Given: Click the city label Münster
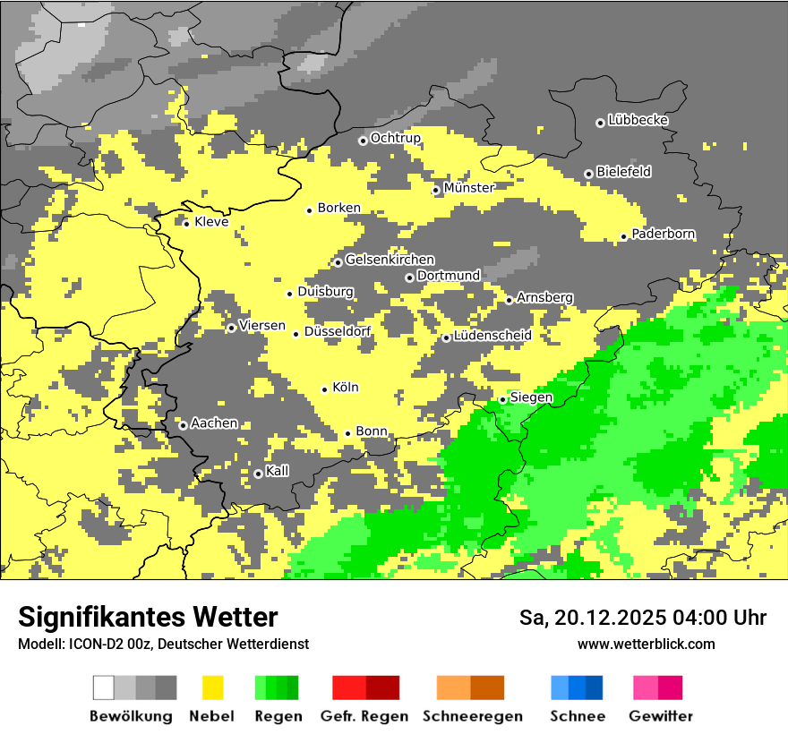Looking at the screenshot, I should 468,188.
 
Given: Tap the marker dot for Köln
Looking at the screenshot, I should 325,389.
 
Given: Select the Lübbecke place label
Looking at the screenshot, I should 638,120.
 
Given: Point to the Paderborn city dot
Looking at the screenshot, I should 624,237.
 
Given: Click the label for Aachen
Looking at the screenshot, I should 214,423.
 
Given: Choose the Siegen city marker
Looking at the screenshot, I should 503,399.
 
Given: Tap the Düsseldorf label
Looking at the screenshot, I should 337,332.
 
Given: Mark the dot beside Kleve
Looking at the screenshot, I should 186,223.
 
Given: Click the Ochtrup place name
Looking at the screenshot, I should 395,138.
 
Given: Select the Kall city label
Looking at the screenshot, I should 277,471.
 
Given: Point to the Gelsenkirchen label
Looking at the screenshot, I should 390,260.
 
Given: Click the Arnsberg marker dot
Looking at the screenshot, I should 509,300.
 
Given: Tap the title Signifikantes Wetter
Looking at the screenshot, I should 148,617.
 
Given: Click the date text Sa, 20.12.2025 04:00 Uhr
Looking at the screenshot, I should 643,618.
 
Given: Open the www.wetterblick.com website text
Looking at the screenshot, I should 646,644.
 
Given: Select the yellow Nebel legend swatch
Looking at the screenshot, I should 212,687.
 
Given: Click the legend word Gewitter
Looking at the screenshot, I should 660,716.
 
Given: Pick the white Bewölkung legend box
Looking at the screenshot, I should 104,687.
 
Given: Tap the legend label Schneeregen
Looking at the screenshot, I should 473,716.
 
